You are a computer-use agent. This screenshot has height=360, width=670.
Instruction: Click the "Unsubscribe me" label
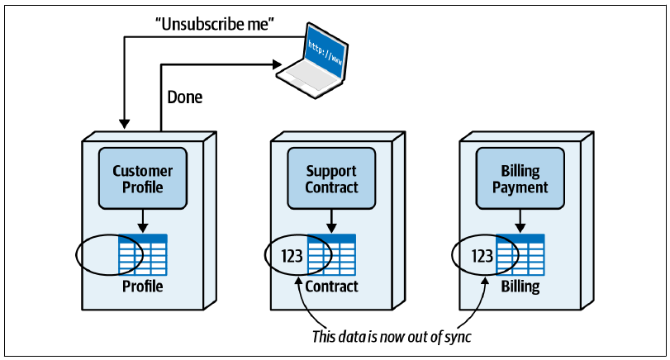215,24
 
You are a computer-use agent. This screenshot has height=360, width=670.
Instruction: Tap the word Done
184,97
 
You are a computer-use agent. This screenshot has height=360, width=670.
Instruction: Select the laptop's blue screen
325,53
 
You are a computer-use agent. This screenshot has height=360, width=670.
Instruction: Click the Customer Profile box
143,178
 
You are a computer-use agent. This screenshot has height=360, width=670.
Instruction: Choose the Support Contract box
331,178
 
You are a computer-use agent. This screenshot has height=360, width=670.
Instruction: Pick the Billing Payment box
520,178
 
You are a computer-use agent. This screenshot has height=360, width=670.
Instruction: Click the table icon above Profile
143,254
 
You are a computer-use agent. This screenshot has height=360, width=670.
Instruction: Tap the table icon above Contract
331,254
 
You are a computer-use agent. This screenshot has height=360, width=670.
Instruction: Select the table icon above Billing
520,254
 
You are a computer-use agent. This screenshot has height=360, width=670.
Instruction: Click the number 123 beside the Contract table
292,256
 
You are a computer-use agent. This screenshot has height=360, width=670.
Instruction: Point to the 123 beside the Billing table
482,256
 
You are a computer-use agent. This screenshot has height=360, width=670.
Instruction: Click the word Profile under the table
143,287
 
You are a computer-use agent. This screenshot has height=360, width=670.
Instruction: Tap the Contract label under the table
331,287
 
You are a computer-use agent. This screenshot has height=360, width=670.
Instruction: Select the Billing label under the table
520,287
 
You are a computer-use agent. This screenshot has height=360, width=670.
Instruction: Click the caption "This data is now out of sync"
392,337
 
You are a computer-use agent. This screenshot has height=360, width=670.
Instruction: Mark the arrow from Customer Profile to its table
143,220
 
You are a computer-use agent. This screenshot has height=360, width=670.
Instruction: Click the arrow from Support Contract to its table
331,220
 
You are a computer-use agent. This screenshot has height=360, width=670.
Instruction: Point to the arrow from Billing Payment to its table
520,220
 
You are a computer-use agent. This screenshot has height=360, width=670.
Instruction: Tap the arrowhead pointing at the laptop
278,64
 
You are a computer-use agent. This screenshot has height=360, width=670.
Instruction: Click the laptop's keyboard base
307,80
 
